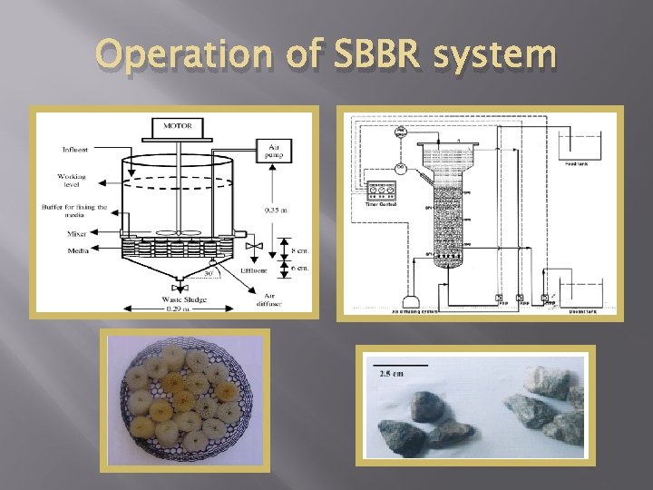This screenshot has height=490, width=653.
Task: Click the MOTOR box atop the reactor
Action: (x=177, y=125)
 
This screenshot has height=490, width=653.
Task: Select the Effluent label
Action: (x=253, y=270)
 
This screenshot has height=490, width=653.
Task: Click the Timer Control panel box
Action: (x=381, y=191)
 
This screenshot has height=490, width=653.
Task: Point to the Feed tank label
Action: (x=578, y=164)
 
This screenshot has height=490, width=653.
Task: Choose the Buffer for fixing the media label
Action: (x=74, y=211)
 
